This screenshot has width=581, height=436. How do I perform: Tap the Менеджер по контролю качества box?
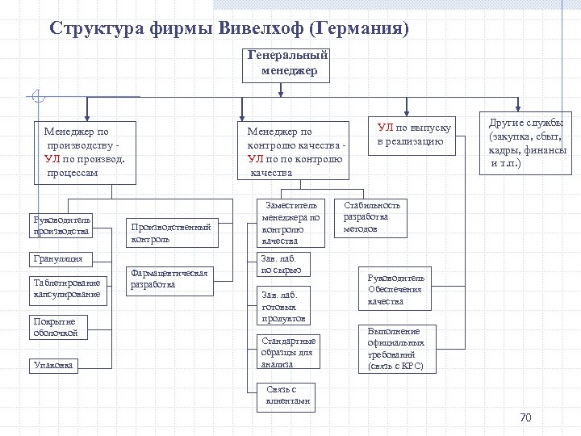295,151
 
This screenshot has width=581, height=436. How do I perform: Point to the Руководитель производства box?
62,226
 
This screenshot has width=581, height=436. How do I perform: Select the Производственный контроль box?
171,233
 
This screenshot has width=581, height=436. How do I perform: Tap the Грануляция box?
63,259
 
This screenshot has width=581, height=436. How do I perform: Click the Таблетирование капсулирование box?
68,289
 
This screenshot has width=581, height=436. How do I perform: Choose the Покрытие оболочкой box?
58,327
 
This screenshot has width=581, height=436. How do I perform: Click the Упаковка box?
55,365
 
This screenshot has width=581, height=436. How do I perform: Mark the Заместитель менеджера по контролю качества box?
291,223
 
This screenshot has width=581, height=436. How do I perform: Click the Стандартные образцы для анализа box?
288,352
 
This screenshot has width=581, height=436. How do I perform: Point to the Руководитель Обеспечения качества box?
395,290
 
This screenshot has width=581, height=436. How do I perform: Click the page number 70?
525,417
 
